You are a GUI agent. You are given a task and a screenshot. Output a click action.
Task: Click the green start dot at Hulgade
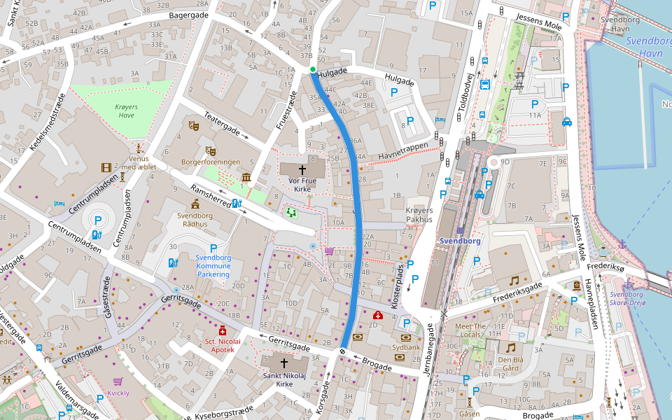pyautogui.click(x=312, y=69)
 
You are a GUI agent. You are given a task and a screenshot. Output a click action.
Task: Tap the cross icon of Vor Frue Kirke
pyautogui.click(x=303, y=169)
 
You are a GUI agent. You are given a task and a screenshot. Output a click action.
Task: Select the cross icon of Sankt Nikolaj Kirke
pyautogui.click(x=284, y=363)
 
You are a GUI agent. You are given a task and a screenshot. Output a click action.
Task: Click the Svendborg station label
pyautogui.click(x=461, y=241)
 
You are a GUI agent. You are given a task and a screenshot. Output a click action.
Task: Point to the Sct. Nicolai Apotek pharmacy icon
pyautogui.click(x=223, y=330)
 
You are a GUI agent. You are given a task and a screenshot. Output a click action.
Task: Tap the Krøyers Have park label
pyautogui.click(x=125, y=111)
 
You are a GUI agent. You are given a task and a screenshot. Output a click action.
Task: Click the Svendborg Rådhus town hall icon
pyautogui.click(x=195, y=204)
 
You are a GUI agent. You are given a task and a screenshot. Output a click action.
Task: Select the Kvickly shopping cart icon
pyautogui.click(x=118, y=381)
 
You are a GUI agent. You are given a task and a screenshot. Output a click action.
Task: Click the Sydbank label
pyautogui.click(x=405, y=346)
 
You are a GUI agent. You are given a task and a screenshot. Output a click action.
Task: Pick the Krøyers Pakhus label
pyautogui.click(x=419, y=215)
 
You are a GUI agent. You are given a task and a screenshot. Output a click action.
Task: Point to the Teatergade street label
pyautogui.click(x=222, y=123)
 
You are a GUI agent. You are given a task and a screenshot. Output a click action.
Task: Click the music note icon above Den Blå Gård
pyautogui.click(x=510, y=348)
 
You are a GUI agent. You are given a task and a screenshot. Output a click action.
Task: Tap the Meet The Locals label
pyautogui.click(x=470, y=330)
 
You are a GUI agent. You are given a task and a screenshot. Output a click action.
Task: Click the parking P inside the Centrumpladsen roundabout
pyautogui.click(x=98, y=220)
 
